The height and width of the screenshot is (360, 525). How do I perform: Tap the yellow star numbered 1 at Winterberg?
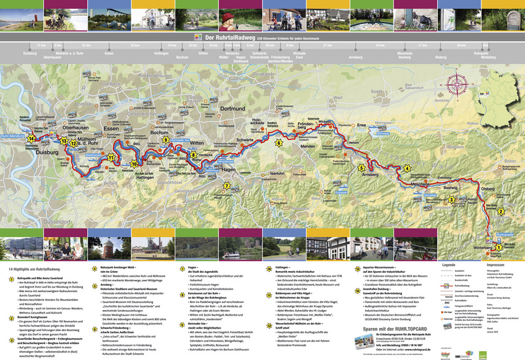tap(499, 247)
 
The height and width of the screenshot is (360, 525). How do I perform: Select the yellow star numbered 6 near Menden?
tap(278, 142)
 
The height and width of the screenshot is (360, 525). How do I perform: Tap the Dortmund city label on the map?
tap(215, 109)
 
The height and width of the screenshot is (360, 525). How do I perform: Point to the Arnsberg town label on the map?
tap(371, 174)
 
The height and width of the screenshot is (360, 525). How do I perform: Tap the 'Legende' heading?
tap(448, 265)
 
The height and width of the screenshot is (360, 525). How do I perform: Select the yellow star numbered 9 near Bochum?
tap(166, 139)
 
